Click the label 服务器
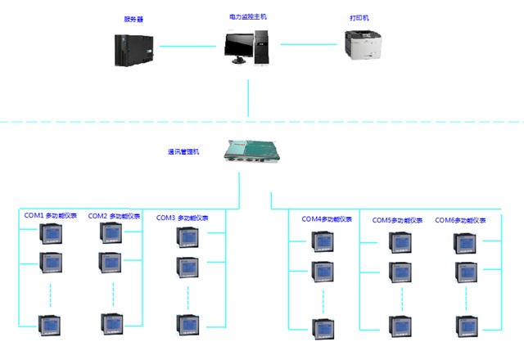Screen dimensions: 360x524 click(133, 19)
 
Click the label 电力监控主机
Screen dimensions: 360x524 click(246, 16)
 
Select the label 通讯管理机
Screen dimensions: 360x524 click(183, 151)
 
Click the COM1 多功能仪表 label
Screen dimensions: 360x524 click(50, 216)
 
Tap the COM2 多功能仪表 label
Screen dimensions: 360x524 click(115, 216)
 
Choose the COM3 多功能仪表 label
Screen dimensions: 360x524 click(183, 218)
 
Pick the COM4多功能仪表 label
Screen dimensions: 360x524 click(327, 218)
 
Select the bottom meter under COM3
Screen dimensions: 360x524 click(186, 324)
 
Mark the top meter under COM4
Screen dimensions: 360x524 click(321, 242)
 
